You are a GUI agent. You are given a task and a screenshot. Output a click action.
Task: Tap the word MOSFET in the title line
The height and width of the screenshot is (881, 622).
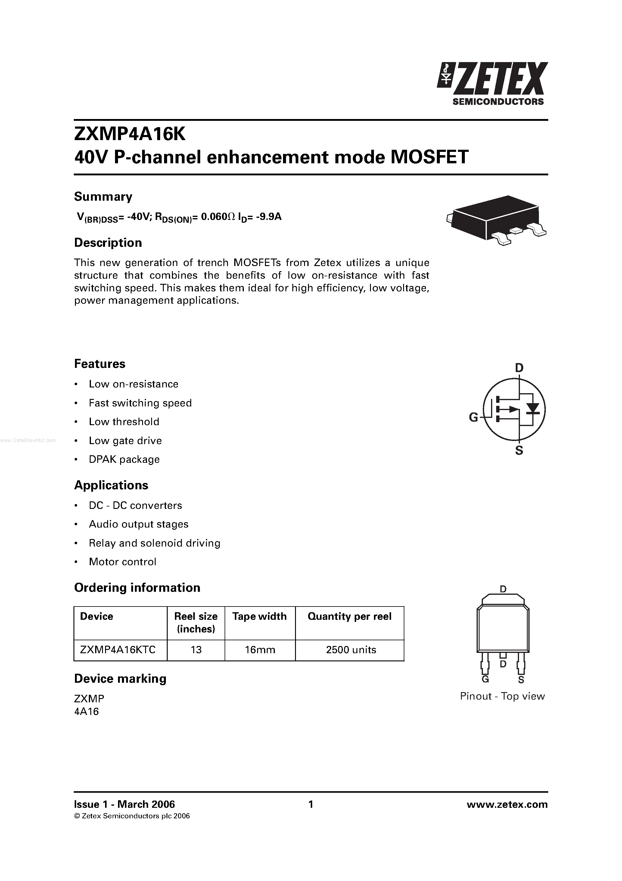(x=429, y=157)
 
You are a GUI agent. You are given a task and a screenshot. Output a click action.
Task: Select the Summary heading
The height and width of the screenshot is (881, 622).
(x=103, y=196)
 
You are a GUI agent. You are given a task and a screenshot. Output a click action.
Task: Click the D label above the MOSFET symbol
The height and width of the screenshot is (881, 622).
(x=518, y=368)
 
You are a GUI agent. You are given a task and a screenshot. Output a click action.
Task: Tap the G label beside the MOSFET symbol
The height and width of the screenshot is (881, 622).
(x=473, y=417)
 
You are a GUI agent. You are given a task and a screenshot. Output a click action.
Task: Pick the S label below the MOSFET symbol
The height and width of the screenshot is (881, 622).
(x=519, y=450)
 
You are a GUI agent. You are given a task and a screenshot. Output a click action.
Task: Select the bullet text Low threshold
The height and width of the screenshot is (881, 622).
(x=124, y=422)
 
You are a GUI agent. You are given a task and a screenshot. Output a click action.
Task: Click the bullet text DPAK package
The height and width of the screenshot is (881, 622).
(x=124, y=459)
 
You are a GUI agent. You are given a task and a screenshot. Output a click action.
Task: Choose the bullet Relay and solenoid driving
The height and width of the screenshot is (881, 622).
(x=154, y=543)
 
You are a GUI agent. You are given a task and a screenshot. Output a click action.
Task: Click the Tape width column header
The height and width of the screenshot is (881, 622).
(x=259, y=616)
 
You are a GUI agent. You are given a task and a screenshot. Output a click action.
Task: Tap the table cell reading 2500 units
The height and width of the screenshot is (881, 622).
(x=350, y=650)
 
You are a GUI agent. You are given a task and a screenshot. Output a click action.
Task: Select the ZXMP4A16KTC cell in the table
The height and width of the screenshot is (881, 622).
(x=118, y=650)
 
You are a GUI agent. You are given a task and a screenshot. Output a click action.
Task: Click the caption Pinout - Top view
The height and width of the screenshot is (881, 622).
(x=502, y=696)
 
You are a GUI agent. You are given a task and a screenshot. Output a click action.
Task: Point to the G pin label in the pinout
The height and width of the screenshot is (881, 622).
(x=485, y=679)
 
